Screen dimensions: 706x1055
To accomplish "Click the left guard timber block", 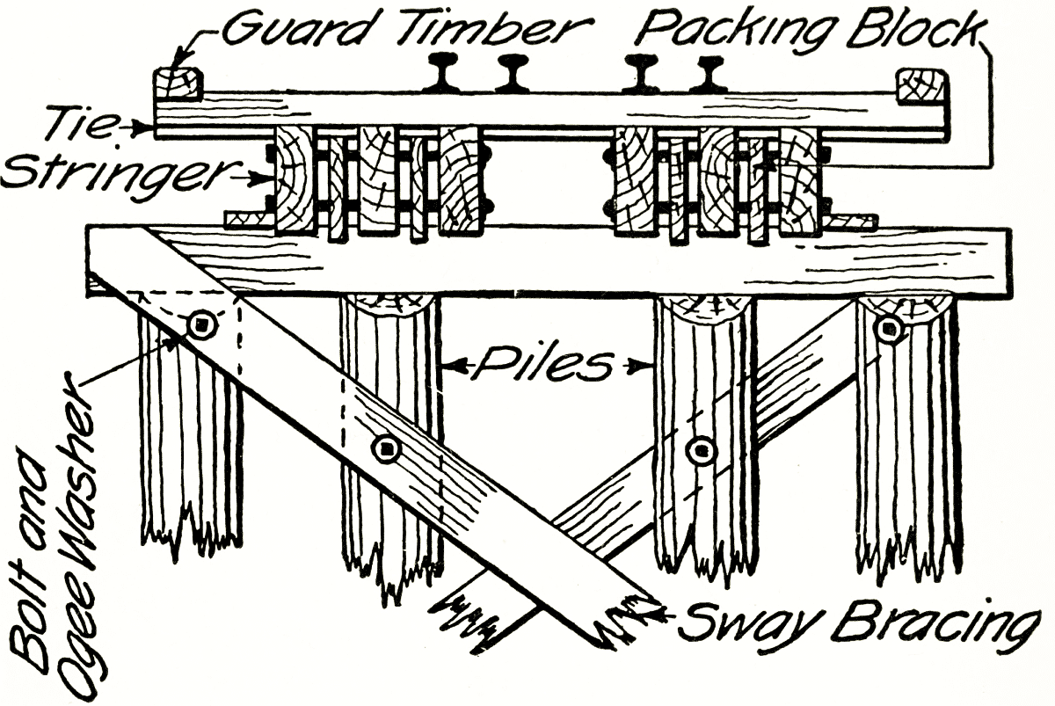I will [178, 84].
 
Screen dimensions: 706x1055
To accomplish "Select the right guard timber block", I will [920, 86].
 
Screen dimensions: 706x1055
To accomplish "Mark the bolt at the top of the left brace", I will [201, 325].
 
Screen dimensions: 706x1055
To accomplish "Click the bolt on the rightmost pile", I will [889, 329].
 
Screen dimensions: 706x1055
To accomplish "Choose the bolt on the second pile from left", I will [385, 449].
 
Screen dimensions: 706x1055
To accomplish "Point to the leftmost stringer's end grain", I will [295, 181].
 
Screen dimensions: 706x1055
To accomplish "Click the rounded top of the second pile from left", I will [387, 307].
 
